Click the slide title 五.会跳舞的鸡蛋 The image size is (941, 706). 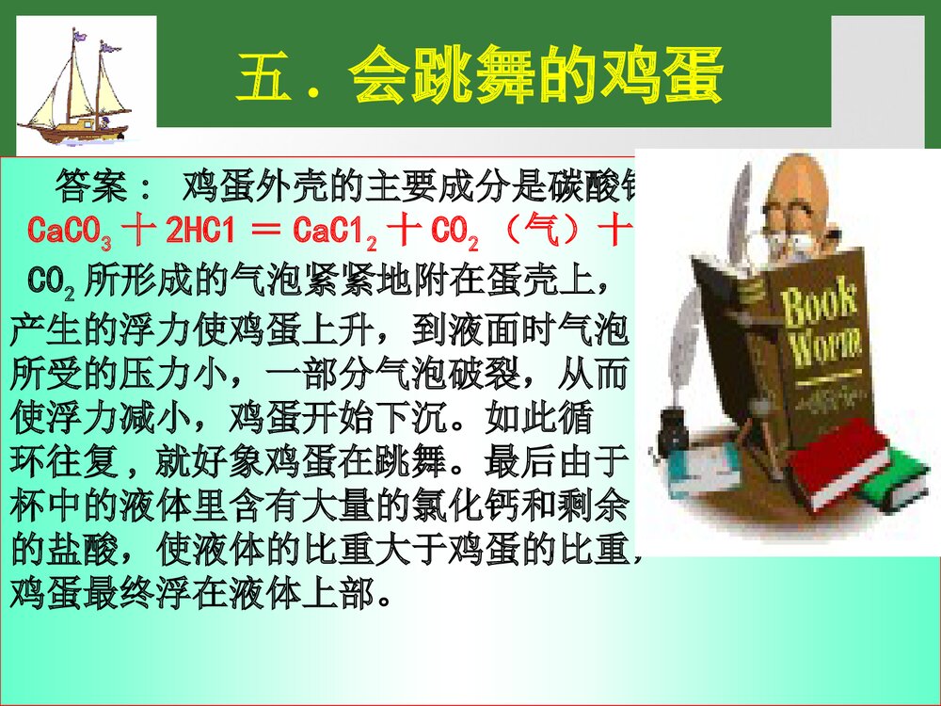click(x=480, y=77)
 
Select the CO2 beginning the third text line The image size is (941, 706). click(x=51, y=280)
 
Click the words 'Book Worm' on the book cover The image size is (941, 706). click(x=821, y=325)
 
